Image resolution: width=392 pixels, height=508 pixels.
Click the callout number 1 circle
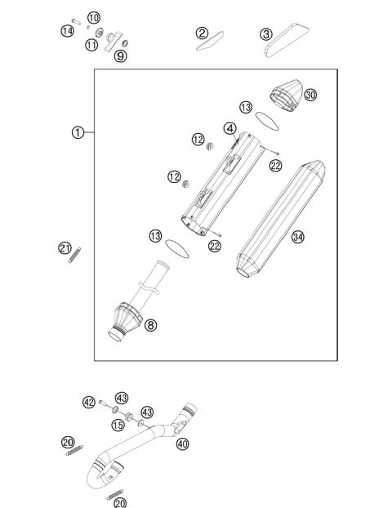[x=77, y=132]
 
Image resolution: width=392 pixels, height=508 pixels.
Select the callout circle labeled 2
[x=202, y=33]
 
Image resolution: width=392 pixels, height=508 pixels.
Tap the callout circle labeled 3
[x=265, y=34]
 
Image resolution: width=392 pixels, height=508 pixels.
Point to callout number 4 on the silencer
[x=230, y=128]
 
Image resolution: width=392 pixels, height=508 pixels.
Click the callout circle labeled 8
[x=150, y=325]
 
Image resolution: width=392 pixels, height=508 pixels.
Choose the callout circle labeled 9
[x=120, y=56]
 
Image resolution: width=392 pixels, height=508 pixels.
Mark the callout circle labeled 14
[x=68, y=31]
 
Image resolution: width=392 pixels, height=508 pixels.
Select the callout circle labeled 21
[x=65, y=248]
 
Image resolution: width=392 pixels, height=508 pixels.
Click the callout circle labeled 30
[x=310, y=95]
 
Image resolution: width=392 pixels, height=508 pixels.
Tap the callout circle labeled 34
[x=298, y=237]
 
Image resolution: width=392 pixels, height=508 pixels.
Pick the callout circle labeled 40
[x=181, y=443]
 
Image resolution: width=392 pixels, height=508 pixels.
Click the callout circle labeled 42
[x=89, y=402]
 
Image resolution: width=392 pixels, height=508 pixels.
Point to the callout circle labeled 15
[x=118, y=426]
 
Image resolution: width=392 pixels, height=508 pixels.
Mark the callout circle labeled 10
[x=93, y=17]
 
